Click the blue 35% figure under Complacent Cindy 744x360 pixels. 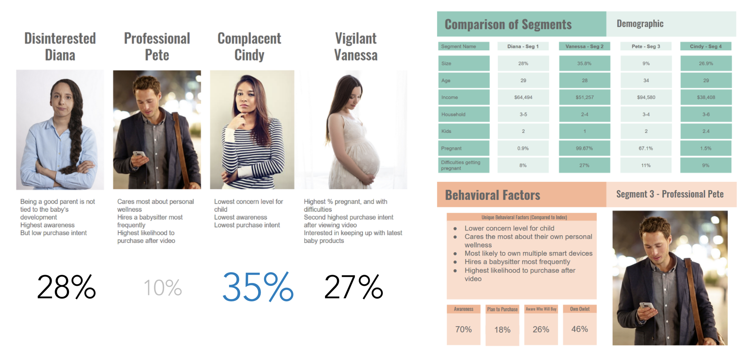[258, 287]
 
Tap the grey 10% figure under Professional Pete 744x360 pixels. [163, 288]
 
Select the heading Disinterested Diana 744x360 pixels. [60, 47]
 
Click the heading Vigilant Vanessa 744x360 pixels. [356, 47]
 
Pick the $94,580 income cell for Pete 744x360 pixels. [646, 97]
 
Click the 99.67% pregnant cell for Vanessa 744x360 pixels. [584, 148]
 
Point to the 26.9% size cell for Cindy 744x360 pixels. [706, 63]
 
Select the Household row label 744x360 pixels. [453, 114]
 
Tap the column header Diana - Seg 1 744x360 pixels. [523, 46]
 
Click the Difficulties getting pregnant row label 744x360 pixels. [460, 165]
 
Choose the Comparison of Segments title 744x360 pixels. [508, 24]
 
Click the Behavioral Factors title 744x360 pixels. [493, 195]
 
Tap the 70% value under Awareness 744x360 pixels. [463, 329]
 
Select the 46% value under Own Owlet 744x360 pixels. [579, 329]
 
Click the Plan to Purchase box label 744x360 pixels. [502, 309]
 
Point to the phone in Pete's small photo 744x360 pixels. [139, 154]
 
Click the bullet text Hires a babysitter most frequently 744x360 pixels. [517, 262]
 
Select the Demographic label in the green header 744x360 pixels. [640, 24]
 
